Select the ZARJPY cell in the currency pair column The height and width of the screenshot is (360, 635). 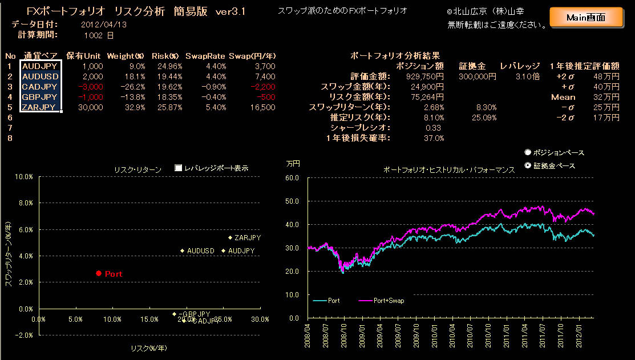click(39, 107)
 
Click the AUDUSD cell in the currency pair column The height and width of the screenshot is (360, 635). click(39, 76)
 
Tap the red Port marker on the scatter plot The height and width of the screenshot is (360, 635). click(99, 274)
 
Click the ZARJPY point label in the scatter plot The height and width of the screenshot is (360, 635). click(248, 237)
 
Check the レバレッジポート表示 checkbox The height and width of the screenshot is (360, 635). click(178, 168)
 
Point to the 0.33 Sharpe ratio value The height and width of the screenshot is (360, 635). click(436, 128)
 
